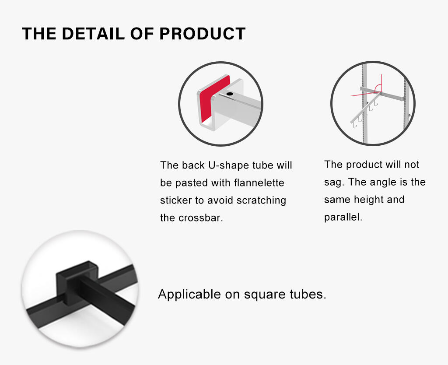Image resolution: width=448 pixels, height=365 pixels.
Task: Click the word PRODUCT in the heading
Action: coord(203,33)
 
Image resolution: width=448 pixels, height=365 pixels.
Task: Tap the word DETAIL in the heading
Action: coord(94,33)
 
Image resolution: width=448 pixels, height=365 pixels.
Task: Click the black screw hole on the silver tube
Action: coord(230,94)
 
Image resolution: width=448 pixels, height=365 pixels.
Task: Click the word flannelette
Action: coord(259,182)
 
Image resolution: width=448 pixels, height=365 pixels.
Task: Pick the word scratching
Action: coord(261,200)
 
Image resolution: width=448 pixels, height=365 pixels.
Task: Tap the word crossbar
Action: coord(200,218)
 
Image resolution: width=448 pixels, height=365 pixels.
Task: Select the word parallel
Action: coord(343,217)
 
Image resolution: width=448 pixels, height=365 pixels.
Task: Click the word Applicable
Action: coord(189,294)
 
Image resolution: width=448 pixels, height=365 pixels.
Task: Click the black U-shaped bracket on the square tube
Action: coord(77,281)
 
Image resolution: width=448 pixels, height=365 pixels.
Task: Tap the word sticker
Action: coord(176,200)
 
